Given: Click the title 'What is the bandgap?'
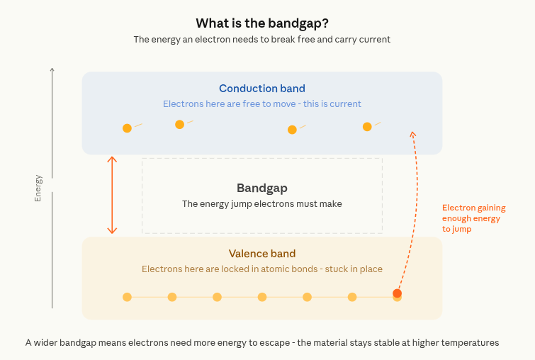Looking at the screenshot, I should pos(261,23).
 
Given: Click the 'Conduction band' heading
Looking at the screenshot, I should pos(261,89).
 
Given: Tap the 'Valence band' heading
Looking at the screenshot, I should pos(261,254).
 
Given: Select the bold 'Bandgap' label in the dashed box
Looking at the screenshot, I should pos(261,188).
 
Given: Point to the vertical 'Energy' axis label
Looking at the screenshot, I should pos(38,188).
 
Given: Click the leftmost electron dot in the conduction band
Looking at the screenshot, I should pos(127,128).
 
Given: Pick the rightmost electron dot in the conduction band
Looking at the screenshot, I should pos(367,127).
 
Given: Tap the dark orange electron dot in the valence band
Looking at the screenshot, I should pos(397,293).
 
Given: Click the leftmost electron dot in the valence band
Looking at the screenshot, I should pos(127,297).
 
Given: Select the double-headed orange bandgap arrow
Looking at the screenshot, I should pos(111,195).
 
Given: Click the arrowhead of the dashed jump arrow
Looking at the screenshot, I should pos(413,133).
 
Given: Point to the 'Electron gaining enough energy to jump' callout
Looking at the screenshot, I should pos(473,218).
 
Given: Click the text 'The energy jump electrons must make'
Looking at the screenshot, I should pos(261,204).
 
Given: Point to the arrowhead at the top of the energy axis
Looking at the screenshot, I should pos(52,69).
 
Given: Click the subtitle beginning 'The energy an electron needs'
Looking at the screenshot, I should pos(261,40).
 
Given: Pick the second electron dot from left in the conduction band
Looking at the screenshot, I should pos(179,125).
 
